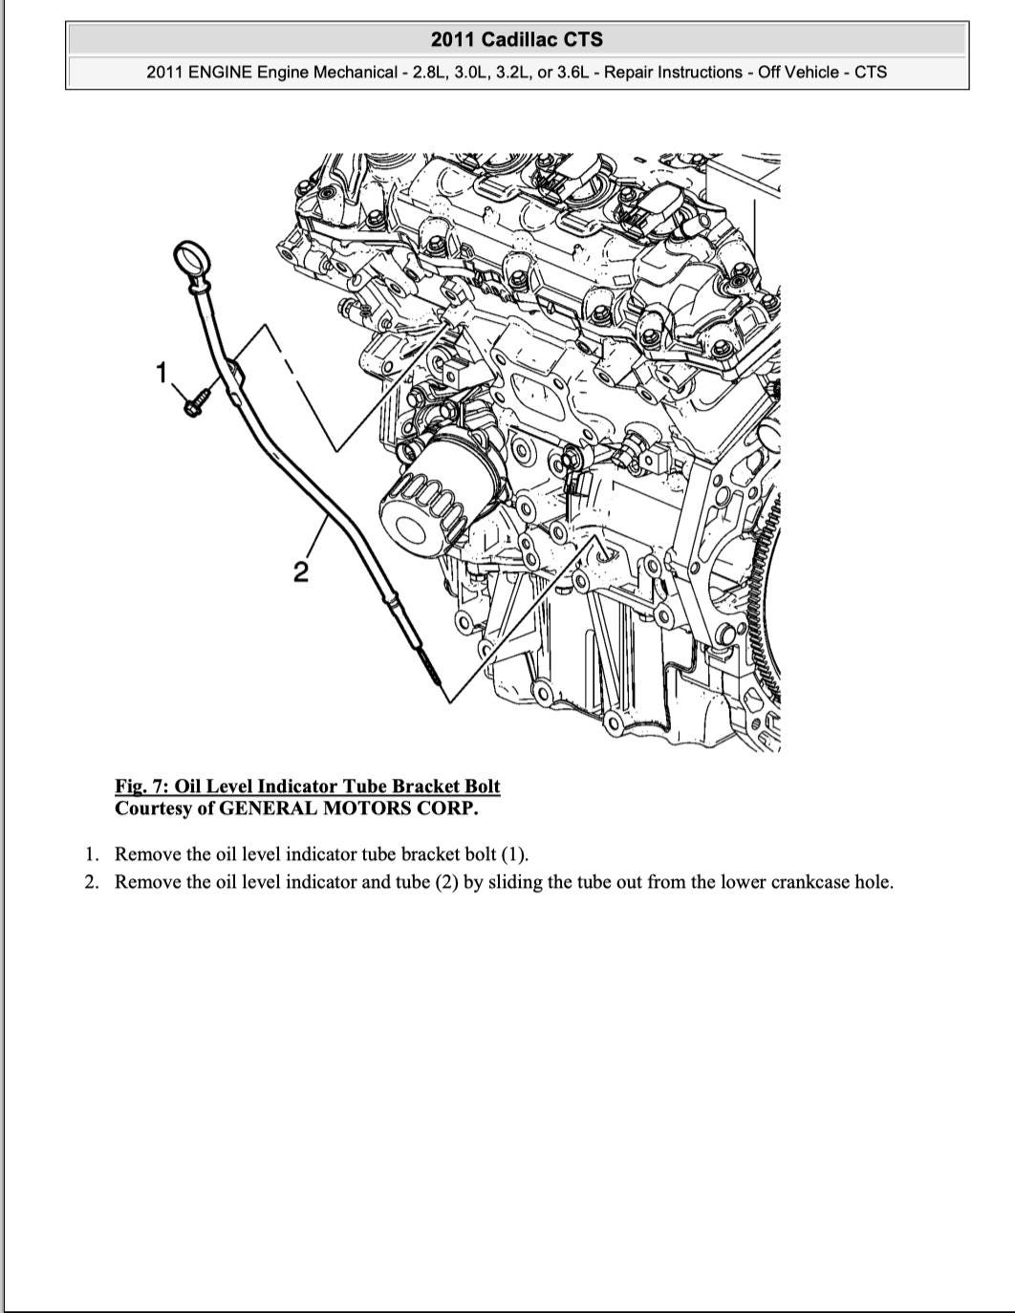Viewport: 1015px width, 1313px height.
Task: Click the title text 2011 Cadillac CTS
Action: coord(517,39)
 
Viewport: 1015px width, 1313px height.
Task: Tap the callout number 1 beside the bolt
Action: coord(162,372)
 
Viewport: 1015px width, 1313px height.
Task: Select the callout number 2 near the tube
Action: coord(300,571)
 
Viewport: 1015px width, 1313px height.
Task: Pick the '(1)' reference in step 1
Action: coord(514,854)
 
